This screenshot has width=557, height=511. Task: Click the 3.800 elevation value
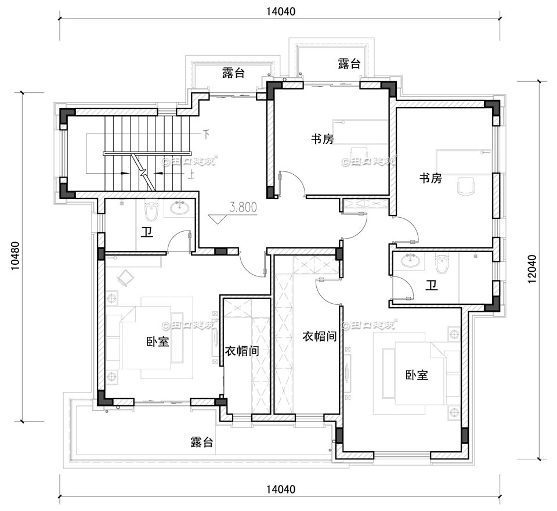click(244, 207)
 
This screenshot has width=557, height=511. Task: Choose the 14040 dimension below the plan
click(280, 490)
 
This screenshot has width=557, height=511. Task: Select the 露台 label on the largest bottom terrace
click(202, 442)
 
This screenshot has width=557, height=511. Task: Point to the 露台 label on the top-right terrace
click(349, 64)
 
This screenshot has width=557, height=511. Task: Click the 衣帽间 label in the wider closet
click(319, 336)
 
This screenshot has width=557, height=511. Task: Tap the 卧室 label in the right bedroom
click(417, 375)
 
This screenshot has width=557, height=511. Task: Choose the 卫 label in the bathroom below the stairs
click(147, 233)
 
